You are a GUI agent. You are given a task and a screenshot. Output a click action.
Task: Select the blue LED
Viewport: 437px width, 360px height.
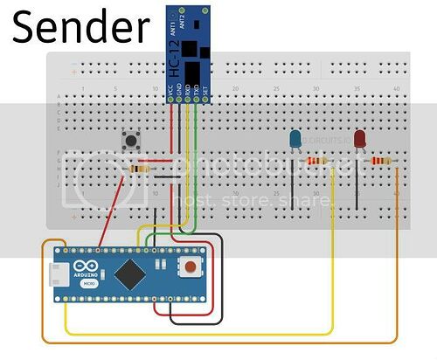coord(295,137)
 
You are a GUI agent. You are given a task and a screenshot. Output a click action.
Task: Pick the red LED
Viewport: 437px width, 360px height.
coord(358,137)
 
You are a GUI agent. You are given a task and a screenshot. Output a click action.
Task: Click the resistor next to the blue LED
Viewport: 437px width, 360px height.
coord(319,161)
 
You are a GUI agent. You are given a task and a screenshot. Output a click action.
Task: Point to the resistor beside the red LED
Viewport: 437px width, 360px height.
coord(380,161)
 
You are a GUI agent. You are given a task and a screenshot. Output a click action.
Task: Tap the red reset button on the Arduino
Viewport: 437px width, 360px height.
coord(188,267)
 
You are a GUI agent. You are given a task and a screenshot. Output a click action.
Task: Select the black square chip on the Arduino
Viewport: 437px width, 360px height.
coord(130,272)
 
